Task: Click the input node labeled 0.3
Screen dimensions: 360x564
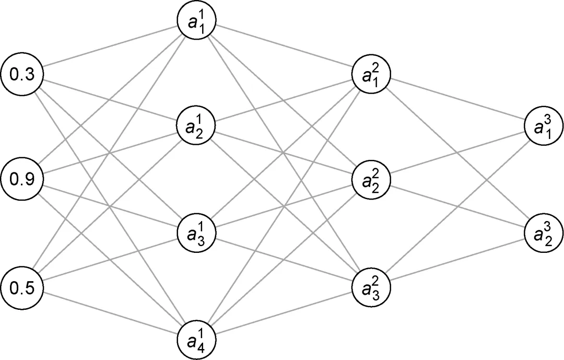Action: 22,74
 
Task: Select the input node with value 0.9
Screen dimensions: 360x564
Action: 22,180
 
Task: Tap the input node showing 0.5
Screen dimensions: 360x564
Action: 22,288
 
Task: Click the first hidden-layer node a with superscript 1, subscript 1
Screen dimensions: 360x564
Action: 196,23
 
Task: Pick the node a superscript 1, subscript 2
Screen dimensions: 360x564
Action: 196,126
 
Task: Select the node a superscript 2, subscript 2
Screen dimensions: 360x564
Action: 372,180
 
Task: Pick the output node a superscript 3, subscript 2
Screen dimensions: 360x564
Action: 544,233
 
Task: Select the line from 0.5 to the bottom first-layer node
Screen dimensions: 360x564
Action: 110,311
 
